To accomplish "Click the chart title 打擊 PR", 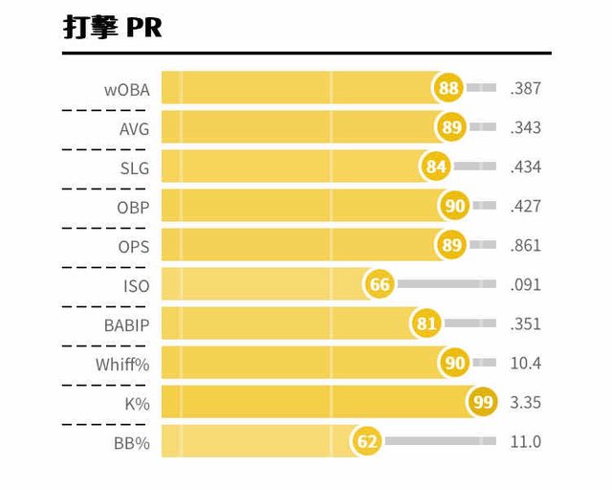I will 112,28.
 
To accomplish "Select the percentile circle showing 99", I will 483,403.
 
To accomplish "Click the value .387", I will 526,88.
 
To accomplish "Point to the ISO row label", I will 136,285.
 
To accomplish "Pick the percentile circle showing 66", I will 380,285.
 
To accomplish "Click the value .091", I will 526,285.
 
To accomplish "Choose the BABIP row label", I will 127,324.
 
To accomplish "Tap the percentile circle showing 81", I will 426,324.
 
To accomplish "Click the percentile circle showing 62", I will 367,442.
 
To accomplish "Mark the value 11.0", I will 526,442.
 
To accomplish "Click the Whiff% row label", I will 122,364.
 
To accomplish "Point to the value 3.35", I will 526,403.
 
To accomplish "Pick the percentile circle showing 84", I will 437,167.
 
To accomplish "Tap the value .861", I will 526,246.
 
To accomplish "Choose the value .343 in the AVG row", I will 526,127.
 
